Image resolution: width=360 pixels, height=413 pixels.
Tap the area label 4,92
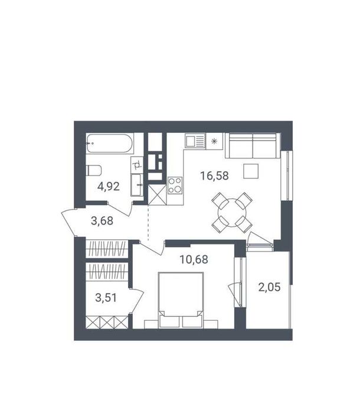click(109, 187)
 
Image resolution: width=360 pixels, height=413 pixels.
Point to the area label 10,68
click(193, 258)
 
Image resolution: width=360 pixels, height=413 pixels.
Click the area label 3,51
click(107, 297)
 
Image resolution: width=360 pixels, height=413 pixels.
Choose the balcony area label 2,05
click(269, 288)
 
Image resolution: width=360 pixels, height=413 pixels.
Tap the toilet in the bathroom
click(94, 171)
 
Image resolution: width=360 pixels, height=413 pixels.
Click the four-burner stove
click(175, 186)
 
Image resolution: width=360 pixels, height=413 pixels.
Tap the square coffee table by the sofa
click(250, 170)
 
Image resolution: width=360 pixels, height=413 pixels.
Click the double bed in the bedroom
click(181, 298)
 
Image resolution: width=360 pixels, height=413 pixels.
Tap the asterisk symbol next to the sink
click(214, 141)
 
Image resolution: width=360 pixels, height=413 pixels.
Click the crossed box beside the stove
click(158, 195)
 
